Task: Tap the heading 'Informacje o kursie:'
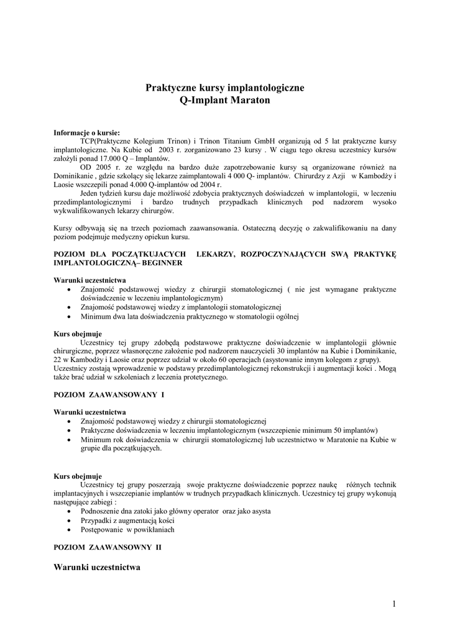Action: pos(87,132)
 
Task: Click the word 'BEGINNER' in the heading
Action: pos(162,263)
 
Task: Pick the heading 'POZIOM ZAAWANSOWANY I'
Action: pos(109,394)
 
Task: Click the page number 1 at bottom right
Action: pos(394,603)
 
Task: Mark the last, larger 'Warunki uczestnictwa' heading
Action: pos(97,567)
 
